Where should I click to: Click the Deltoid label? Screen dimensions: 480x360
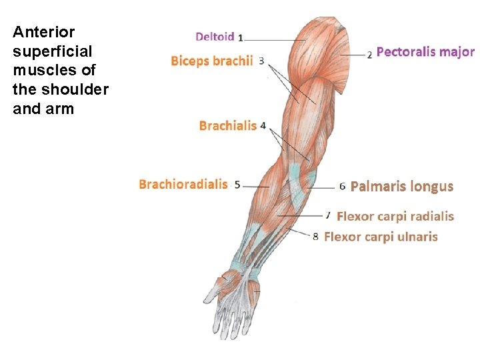[215, 36]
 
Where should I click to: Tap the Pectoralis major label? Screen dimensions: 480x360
[425, 51]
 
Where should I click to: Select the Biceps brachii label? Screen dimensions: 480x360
[211, 61]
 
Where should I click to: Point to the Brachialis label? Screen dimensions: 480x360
[228, 125]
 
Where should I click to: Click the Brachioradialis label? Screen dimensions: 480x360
[183, 184]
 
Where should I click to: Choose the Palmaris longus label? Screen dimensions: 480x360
[401, 186]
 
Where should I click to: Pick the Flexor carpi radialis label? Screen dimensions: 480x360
[395, 216]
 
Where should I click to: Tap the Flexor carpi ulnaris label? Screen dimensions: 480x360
[381, 236]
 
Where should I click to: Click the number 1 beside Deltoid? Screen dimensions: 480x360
[240, 37]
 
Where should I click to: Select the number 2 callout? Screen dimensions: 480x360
[369, 54]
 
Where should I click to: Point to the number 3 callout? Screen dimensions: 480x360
[261, 61]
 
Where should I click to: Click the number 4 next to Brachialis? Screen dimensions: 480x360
[263, 125]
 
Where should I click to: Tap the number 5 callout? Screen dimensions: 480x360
[237, 185]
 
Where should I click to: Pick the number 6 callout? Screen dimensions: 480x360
[342, 187]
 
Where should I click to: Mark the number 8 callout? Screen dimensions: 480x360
[316, 236]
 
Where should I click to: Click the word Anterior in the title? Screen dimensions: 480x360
[35, 32]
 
